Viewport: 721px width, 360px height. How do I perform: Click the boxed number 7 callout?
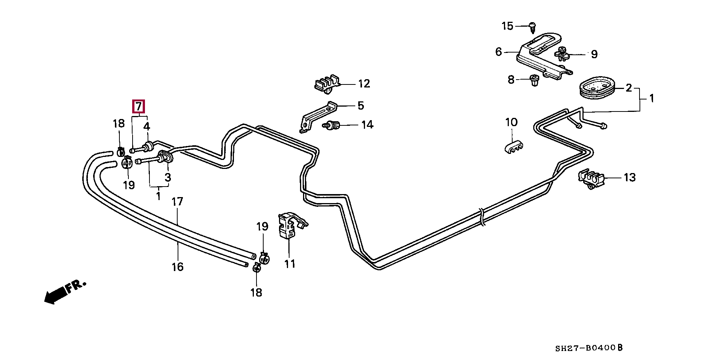click(139, 107)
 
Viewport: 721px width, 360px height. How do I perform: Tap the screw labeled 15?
click(532, 26)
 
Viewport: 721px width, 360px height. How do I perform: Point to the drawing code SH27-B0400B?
click(589, 348)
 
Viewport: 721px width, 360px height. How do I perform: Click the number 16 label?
click(178, 267)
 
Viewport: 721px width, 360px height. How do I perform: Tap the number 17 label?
click(177, 202)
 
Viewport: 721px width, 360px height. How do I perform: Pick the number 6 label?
click(498, 52)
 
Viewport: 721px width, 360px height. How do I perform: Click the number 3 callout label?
click(168, 177)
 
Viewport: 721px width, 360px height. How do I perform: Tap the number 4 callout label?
click(147, 126)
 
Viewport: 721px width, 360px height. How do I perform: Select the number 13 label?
click(630, 177)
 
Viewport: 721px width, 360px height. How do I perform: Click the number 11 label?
click(290, 264)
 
